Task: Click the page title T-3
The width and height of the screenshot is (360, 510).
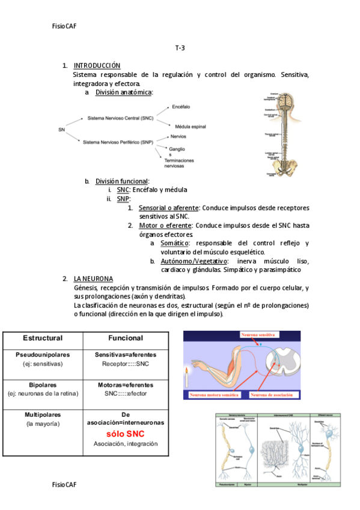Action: click(x=180, y=48)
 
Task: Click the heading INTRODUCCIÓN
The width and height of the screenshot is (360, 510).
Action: click(x=97, y=65)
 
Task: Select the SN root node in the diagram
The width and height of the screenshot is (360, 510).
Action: click(x=61, y=129)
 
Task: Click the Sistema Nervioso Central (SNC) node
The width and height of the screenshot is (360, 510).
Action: click(x=120, y=118)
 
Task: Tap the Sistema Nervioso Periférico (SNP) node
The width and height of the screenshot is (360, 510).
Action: click(x=118, y=142)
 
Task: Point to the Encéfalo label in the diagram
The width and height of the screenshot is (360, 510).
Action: click(x=181, y=106)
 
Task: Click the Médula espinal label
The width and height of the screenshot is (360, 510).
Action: click(x=190, y=127)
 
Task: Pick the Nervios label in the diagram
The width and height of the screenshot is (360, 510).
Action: click(x=178, y=137)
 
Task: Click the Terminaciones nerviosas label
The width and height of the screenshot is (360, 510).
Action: click(x=179, y=164)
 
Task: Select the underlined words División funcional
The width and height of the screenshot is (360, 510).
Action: click(x=122, y=181)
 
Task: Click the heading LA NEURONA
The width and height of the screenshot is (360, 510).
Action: click(x=93, y=278)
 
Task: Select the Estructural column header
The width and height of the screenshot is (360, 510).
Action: click(x=43, y=338)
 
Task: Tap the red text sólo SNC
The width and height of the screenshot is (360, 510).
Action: click(x=126, y=434)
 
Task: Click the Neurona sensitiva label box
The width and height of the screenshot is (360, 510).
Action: click(x=258, y=334)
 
